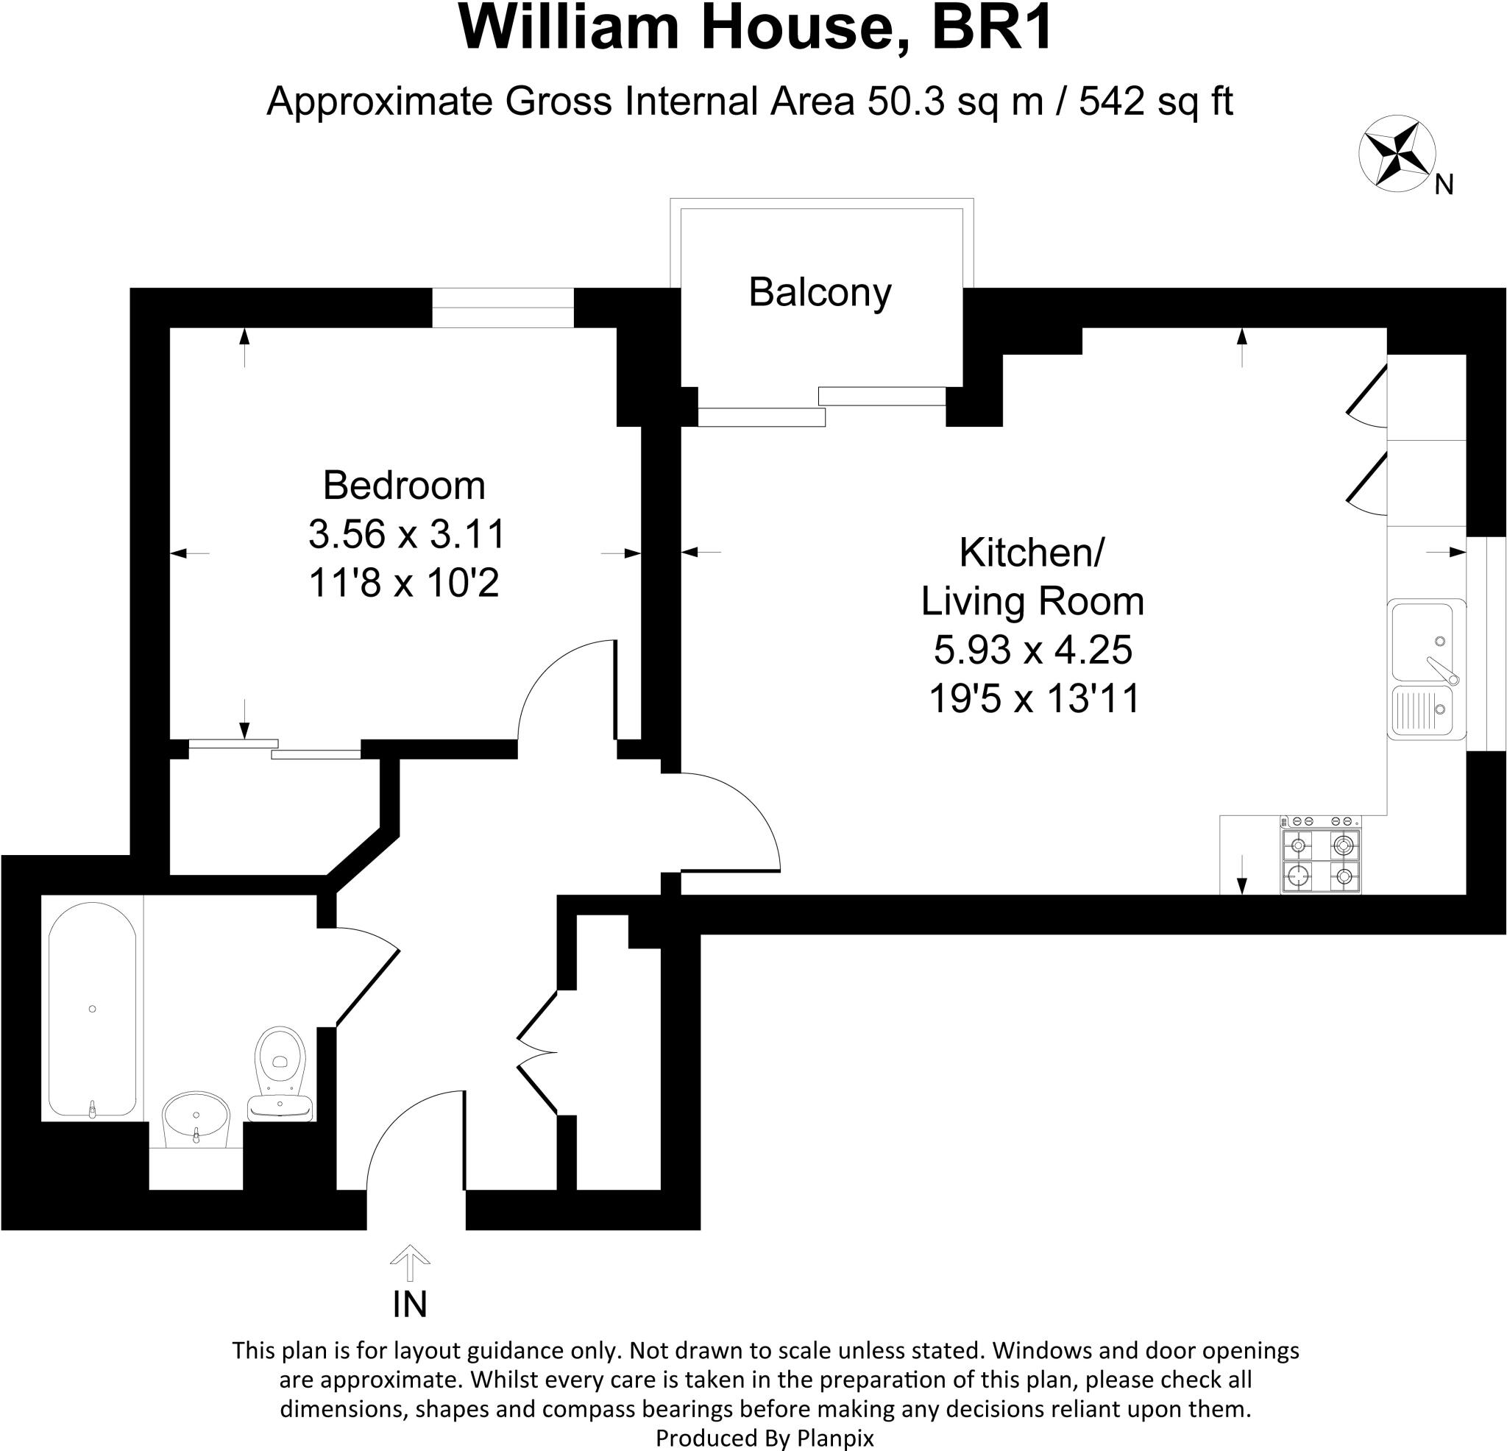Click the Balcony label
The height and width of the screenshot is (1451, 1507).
click(x=820, y=293)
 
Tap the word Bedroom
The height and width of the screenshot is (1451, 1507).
click(x=404, y=486)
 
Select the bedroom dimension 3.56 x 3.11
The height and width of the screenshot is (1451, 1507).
click(x=406, y=534)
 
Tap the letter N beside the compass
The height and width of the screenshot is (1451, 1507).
click(x=1443, y=185)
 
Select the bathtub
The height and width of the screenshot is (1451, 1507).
click(x=92, y=1008)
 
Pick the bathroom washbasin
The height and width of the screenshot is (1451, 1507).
click(x=196, y=1120)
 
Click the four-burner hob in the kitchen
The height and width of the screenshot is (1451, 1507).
click(x=1320, y=860)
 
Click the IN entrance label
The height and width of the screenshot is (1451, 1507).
click(x=409, y=1304)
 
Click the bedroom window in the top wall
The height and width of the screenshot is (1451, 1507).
click(x=503, y=308)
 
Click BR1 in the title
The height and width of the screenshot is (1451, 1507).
click(x=993, y=29)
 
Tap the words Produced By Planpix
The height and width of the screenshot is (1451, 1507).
click(x=765, y=1438)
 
